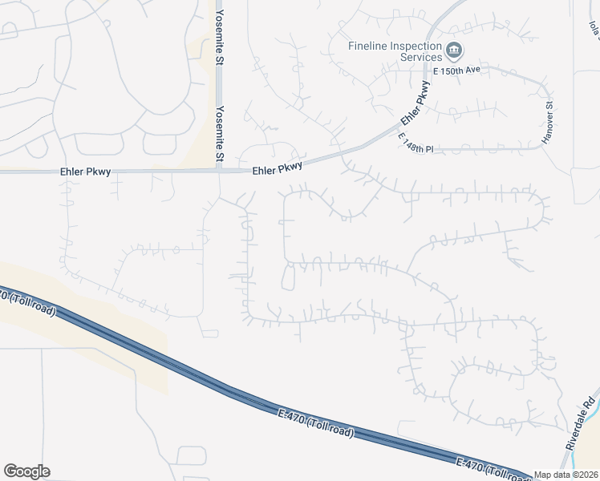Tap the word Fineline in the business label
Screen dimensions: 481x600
click(368, 46)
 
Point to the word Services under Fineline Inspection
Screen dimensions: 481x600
click(421, 57)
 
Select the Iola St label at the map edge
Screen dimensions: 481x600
click(594, 32)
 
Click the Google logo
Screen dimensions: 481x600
click(26, 471)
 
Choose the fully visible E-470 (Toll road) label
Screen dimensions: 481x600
click(315, 422)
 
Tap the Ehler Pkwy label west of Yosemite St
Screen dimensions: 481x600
click(84, 172)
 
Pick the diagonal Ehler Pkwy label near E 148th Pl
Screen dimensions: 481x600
click(411, 110)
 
